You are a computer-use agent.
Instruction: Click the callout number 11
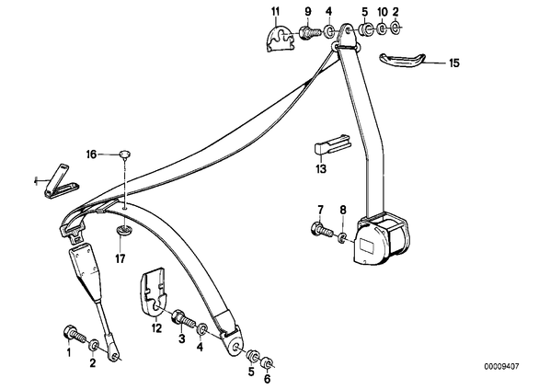coord(275,12)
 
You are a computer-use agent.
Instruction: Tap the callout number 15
coord(454,63)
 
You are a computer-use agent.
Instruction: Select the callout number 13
coord(321,169)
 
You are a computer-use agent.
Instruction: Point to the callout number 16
coord(91,154)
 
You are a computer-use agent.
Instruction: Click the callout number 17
coord(120,259)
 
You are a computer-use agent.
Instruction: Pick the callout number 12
coord(156,328)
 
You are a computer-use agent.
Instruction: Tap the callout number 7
coord(320,210)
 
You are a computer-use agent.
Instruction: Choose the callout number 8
coord(343,210)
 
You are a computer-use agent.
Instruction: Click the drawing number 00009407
coord(502,367)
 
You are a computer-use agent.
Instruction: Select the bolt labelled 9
coord(311,33)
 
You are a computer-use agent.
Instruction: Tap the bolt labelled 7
coord(321,231)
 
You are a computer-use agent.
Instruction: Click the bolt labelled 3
coord(182,317)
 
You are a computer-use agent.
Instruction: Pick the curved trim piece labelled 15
coord(402,60)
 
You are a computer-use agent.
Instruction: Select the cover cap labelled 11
coord(280,39)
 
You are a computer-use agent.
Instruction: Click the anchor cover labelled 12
coord(154,290)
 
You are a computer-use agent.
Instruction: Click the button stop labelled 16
coord(125,154)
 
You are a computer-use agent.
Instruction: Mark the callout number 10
coord(383,12)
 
